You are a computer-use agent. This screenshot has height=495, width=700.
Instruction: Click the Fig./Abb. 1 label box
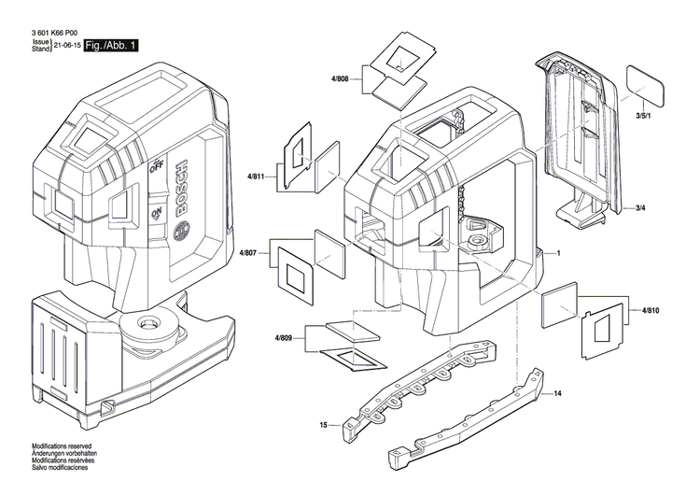coord(111,46)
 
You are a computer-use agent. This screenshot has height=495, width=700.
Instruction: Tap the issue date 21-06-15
coord(66,46)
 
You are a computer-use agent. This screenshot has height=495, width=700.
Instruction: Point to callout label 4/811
coord(257,176)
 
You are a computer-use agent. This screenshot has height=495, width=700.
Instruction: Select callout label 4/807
coord(248,253)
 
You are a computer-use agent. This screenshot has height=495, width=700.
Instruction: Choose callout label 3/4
coord(641,206)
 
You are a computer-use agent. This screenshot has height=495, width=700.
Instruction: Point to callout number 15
coord(324,425)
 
